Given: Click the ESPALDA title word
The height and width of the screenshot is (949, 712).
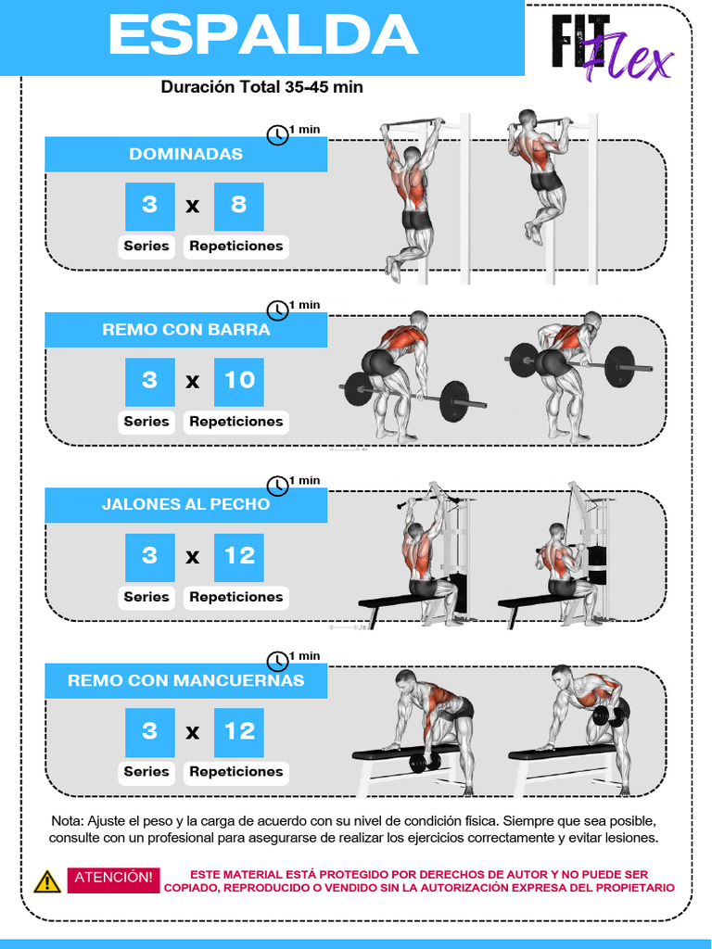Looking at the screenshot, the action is coord(263,36).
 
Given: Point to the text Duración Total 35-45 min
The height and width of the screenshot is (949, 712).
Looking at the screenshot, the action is coord(262,87).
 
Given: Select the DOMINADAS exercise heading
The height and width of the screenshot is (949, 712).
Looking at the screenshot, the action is coord(185,154).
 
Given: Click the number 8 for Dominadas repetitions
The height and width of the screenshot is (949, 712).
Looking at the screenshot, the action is coord(239,207).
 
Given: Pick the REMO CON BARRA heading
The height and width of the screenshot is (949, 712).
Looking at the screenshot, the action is coord(185,329).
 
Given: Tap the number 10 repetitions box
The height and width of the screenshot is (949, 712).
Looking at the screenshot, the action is coord(239,382).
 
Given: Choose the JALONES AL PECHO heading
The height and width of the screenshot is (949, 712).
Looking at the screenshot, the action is coord(185,504).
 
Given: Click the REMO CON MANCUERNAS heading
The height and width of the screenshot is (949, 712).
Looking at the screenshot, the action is coord(185,680).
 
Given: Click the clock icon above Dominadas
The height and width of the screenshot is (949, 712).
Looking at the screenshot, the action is coord(278,135).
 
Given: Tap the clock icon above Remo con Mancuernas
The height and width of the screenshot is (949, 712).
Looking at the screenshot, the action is coord(278,661).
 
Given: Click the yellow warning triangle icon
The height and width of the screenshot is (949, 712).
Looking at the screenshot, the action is coord(46,882).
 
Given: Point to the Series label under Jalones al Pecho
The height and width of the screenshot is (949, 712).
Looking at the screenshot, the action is coord(146,598).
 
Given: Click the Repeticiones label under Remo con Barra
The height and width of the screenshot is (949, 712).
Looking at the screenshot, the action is coord(236,422).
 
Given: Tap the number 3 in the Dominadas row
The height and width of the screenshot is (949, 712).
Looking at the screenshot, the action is coord(149,207).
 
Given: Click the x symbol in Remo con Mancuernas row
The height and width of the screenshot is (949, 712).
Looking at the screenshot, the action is coord(193,733).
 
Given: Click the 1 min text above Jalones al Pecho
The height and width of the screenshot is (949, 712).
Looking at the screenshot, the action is coord(304,481).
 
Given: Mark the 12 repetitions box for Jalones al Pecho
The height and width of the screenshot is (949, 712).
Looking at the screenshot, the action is coord(239,557).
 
